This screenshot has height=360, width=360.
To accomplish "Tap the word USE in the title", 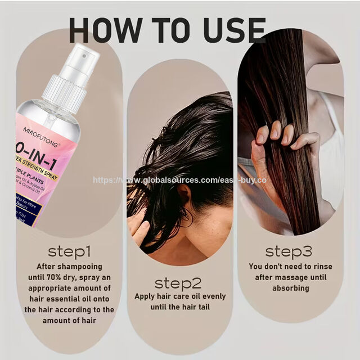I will click(x=232, y=30).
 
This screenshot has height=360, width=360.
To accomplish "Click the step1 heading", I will click(x=69, y=250).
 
